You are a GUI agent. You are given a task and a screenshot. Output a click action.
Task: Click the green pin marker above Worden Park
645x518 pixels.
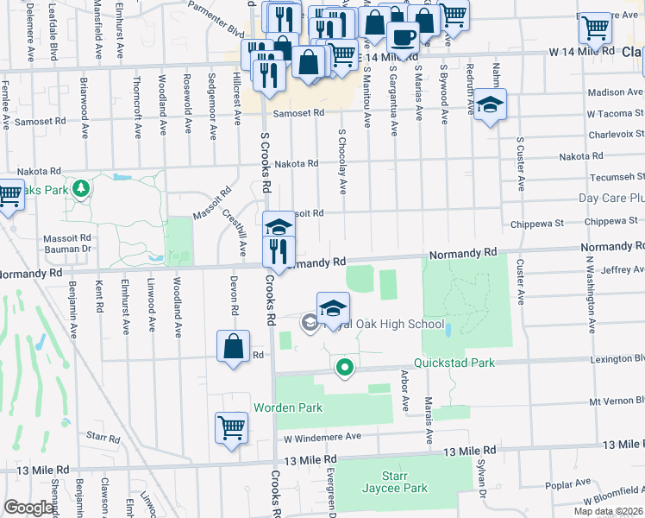coord(345,368)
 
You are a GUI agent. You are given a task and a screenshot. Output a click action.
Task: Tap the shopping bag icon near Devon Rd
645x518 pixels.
coord(233,348)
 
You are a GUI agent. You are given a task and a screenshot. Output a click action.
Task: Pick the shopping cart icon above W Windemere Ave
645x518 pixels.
coord(232,427)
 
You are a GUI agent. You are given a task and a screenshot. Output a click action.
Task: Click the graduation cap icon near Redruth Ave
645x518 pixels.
coord(490,105)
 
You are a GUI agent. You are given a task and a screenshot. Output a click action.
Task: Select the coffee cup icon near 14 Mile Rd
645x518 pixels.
coord(403,38)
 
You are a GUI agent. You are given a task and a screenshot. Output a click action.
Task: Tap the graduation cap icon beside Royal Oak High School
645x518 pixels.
coord(333,307)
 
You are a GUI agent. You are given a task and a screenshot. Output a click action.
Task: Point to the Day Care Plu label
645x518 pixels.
coord(611,198)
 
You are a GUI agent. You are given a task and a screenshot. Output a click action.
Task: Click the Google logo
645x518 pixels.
coord(29,507)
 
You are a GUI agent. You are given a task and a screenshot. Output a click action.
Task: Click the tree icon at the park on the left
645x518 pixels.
coord(81,187)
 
